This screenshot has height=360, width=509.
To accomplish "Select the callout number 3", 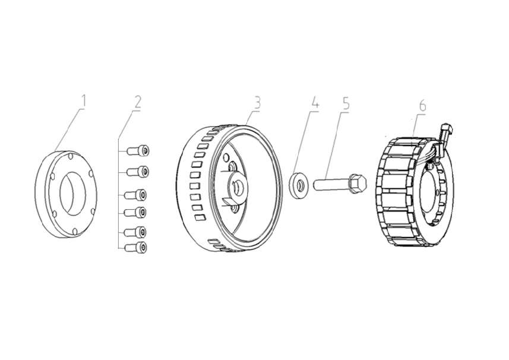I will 256,102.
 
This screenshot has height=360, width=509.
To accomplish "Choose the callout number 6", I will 422,105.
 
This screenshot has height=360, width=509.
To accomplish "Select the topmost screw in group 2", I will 141,151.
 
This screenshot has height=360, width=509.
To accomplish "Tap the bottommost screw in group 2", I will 141,247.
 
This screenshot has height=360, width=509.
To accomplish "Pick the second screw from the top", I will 141,171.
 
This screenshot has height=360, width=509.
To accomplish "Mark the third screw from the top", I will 141,194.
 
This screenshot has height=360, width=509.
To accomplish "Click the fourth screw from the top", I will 141,211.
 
